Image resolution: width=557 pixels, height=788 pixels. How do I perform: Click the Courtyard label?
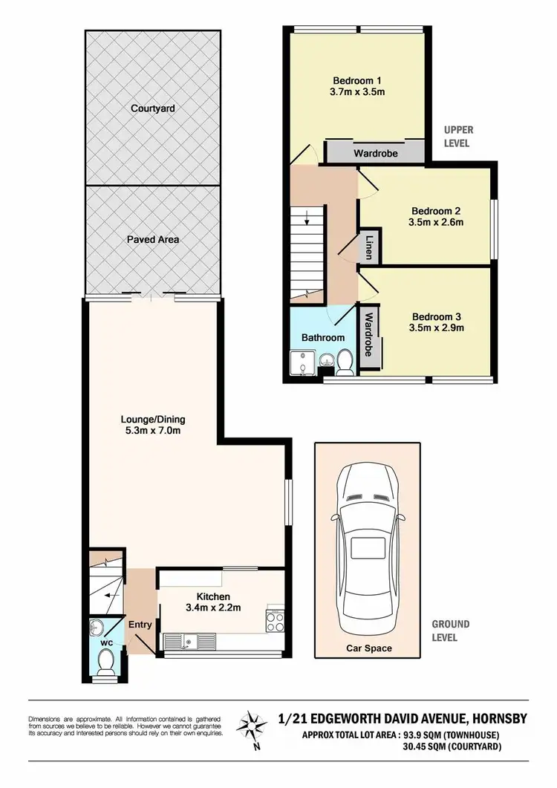point(152,108)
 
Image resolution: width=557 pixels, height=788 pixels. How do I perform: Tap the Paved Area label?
point(152,239)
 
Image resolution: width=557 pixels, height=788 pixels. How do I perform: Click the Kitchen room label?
point(212,596)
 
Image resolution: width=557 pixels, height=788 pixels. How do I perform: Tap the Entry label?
point(140,625)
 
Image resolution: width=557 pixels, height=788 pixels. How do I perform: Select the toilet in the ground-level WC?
point(105,660)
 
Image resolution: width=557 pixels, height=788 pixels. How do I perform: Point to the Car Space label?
point(369,648)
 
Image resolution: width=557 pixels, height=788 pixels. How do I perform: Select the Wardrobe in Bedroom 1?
point(375,154)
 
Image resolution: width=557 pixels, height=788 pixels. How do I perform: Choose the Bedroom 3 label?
point(431,313)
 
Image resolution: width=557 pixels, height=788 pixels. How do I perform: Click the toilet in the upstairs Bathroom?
point(345,363)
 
